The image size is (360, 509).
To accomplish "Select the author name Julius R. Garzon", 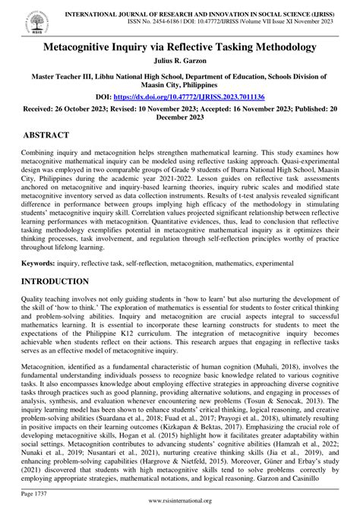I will pyautogui.click(x=179, y=62).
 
